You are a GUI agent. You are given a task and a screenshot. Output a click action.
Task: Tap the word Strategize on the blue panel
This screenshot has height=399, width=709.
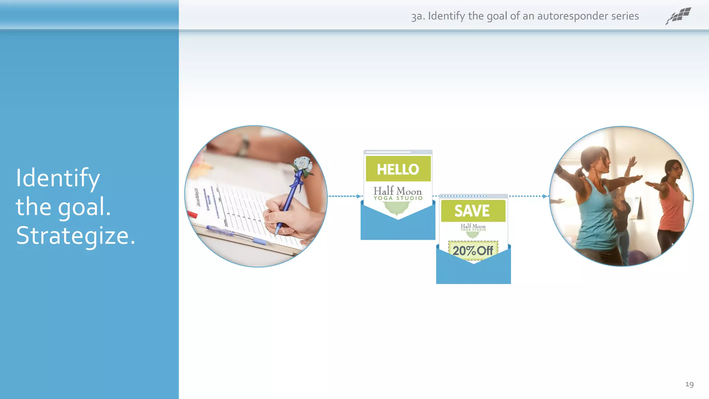[75, 236]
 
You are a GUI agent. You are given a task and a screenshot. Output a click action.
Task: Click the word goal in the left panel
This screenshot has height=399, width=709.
[84, 207]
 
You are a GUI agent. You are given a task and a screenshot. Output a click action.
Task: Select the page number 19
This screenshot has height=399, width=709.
[689, 384]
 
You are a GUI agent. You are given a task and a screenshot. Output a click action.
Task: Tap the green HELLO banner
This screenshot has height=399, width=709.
[398, 169]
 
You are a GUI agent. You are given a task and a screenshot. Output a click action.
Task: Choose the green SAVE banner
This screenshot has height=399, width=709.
[473, 211]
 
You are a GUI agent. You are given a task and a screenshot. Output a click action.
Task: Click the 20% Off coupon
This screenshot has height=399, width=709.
[473, 250]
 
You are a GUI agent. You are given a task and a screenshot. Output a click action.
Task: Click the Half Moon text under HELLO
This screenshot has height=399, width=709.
[398, 191]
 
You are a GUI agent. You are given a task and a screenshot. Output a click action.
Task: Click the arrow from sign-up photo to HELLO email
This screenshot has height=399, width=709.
[345, 196]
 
